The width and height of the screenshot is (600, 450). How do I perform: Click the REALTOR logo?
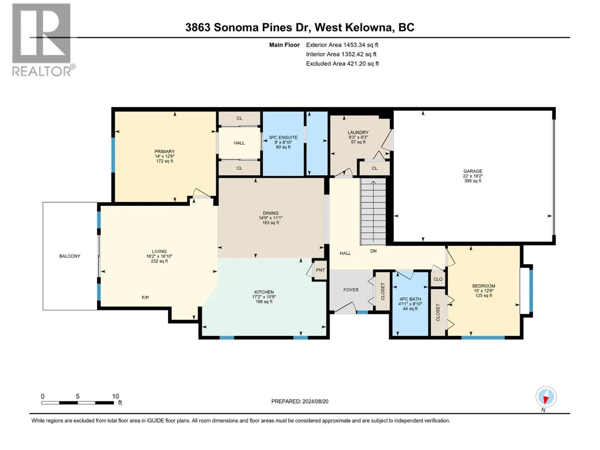(43, 40)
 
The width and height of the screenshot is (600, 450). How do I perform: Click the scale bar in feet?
(78, 402)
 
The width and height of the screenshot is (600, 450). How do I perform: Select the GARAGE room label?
(472, 171)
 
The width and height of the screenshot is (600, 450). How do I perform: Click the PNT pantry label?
(320, 270)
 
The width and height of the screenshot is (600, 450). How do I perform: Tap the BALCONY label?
(70, 256)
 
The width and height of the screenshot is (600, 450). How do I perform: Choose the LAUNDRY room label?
(358, 132)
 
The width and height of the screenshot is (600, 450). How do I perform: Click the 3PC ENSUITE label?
(283, 137)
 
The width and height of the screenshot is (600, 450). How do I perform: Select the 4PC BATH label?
(410, 299)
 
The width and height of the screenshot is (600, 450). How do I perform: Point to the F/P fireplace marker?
(145, 297)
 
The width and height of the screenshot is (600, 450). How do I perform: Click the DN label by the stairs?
(373, 251)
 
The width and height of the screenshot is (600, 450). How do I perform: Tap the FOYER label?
(351, 289)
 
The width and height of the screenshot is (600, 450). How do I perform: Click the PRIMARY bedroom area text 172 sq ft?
(165, 161)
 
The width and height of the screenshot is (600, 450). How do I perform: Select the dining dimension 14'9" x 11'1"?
(270, 218)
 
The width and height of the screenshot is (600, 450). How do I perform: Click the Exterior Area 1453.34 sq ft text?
(342, 45)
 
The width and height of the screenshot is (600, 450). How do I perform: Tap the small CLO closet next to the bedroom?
(438, 279)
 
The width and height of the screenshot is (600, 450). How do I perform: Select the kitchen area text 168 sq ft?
(264, 301)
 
